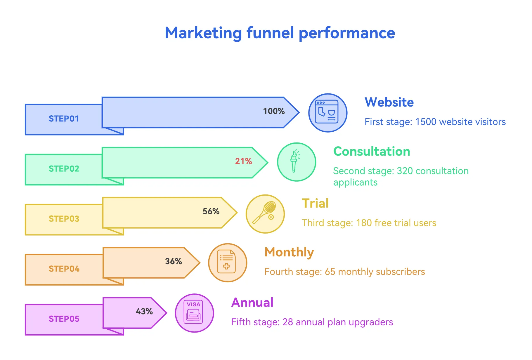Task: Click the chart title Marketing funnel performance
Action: click(x=280, y=33)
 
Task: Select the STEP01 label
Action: click(x=64, y=119)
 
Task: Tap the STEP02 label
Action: click(x=64, y=169)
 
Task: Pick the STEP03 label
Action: click(x=64, y=219)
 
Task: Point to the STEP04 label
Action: click(x=64, y=269)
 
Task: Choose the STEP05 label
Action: click(x=64, y=319)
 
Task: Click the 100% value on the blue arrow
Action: click(x=274, y=111)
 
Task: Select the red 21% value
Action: click(x=243, y=161)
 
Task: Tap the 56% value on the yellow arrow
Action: click(x=211, y=211)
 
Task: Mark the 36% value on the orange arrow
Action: click(x=173, y=261)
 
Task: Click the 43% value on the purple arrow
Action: click(x=144, y=311)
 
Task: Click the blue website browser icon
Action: click(x=327, y=113)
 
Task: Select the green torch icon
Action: click(x=296, y=162)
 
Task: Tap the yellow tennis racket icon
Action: click(x=265, y=214)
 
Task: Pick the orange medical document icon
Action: click(x=227, y=262)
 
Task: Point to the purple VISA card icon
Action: click(x=194, y=313)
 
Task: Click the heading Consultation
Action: click(x=372, y=151)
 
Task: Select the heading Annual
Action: click(x=252, y=302)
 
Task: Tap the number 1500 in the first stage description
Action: click(x=426, y=122)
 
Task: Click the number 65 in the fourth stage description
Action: click(x=330, y=272)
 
